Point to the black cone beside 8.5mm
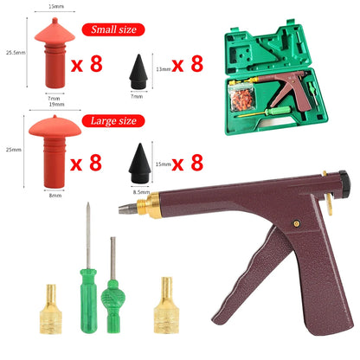point(139,162)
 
